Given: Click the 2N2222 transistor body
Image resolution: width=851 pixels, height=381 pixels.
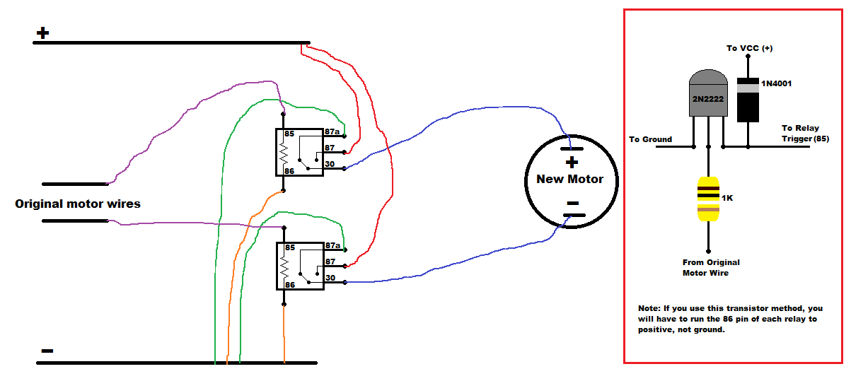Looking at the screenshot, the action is coord(708,93).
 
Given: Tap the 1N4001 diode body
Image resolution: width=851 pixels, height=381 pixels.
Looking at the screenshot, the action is coord(748,100).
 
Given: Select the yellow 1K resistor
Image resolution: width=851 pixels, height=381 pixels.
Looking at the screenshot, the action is coord(708,199).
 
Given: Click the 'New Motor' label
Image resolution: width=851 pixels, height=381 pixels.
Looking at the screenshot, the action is coord(569,179).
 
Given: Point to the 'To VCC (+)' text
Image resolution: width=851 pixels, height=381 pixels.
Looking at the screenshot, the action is coord(749,48).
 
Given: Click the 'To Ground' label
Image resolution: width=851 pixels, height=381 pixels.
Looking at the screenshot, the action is coord(650,139).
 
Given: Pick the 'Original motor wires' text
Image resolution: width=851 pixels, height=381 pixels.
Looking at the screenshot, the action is coord(78,204).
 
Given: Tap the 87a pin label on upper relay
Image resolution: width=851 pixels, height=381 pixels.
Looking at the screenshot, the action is coord(332,131).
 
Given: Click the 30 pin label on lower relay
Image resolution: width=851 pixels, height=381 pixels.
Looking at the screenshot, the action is coord(330,278).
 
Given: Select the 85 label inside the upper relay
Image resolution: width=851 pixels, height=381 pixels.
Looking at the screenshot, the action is coord(289,134).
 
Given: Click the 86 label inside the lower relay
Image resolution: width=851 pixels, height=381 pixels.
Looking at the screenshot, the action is coord(290,285).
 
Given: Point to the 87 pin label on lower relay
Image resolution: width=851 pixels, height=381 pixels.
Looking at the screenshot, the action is coord(330,262).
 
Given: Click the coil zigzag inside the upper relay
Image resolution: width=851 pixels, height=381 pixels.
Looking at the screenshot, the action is coord(284,154).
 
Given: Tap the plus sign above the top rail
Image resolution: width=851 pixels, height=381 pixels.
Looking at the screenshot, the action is coord(42,33).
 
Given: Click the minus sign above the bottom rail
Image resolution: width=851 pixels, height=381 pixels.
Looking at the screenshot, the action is coord(47,351).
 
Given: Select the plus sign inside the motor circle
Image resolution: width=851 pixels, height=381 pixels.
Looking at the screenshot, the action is coord(572,163).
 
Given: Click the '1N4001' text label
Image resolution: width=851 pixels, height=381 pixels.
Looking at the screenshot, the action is coord(776,83).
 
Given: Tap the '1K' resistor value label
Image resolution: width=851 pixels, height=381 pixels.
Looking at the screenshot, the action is coord(727,198).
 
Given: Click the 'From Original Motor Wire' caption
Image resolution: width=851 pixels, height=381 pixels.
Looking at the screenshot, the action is coord(711,267).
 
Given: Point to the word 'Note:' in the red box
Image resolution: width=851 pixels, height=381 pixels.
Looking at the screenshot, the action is coord(649,308).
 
